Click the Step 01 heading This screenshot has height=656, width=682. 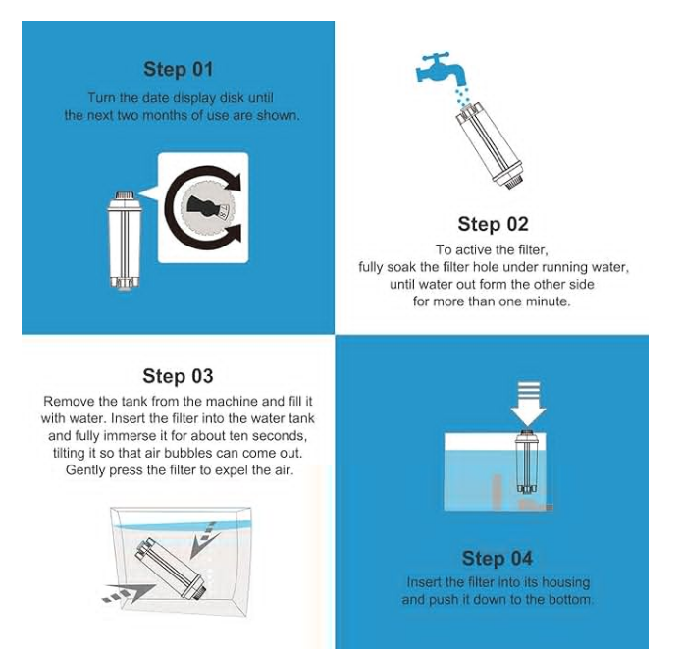tap(179, 69)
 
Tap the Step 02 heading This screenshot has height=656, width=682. tap(493, 224)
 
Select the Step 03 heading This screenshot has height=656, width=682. tap(178, 376)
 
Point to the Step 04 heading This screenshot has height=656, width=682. tap(498, 558)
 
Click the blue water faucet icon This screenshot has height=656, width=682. tap(440, 70)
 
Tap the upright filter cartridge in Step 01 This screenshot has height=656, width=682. tap(125, 241)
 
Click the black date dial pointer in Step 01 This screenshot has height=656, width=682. tap(201, 206)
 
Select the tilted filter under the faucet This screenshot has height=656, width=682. tap(489, 145)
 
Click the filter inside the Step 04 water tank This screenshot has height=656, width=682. tap(526, 463)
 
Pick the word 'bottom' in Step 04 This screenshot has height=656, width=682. tap(570, 600)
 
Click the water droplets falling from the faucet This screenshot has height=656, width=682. tap(461, 96)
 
